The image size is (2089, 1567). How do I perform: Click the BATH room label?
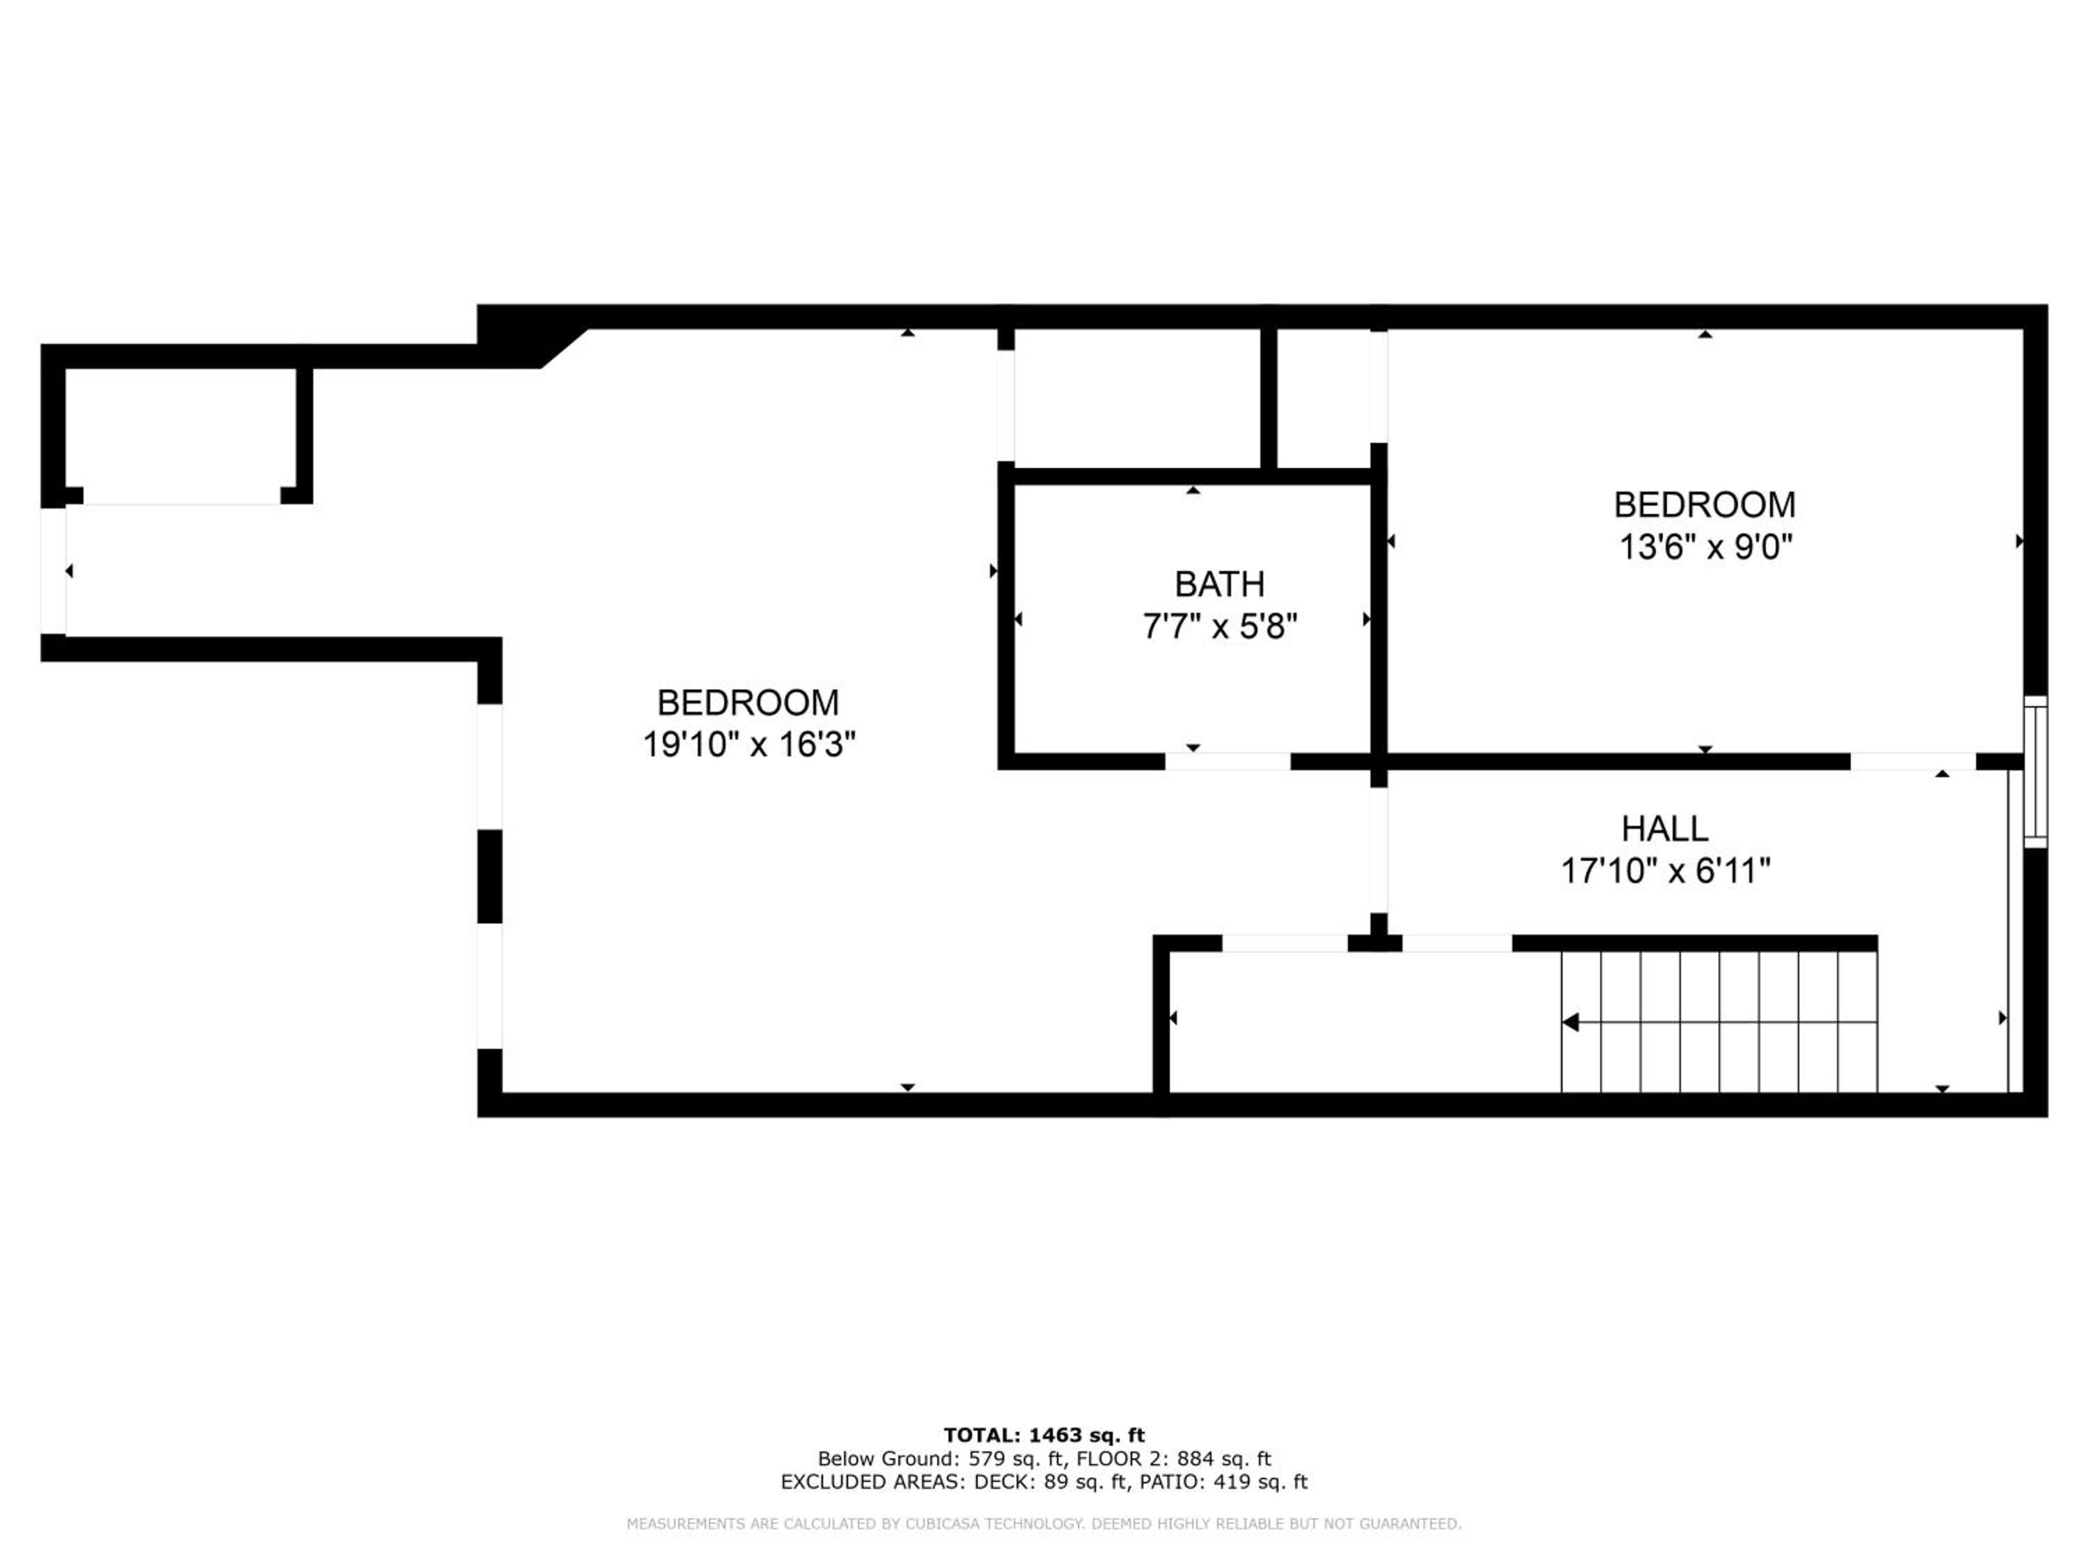coord(1219,585)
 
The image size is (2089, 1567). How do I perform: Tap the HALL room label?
coord(1664,828)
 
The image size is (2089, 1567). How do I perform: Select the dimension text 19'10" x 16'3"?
coord(749,744)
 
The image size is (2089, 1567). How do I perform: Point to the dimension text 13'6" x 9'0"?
coord(1705,547)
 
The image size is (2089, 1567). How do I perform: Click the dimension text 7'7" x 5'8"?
coord(1219,626)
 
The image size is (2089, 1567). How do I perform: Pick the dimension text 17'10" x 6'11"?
coord(1664,870)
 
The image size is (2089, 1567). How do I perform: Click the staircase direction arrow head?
coord(1570,1022)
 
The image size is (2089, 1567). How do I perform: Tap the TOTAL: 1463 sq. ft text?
coord(1044,1435)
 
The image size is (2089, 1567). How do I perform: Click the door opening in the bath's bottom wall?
coord(1227,761)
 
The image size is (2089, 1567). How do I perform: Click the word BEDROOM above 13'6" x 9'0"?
coord(1705,506)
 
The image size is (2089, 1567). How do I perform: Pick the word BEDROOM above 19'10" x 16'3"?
coord(748,703)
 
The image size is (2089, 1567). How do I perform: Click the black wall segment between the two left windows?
coord(490,875)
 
